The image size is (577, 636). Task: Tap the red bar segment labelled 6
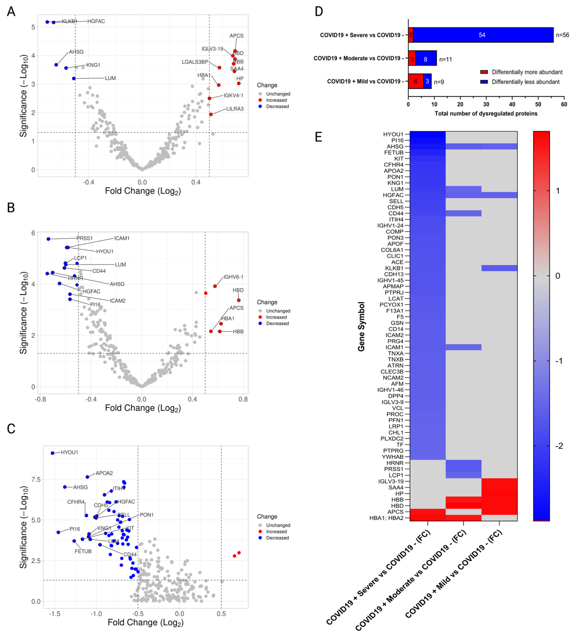(416, 81)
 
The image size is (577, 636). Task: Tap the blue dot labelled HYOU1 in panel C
(53, 453)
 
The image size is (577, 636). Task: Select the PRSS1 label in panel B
(85, 238)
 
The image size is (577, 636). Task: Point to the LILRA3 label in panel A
(235, 109)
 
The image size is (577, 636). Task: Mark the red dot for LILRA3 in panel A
(211, 114)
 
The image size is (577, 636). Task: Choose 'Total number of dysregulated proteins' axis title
(486, 114)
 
